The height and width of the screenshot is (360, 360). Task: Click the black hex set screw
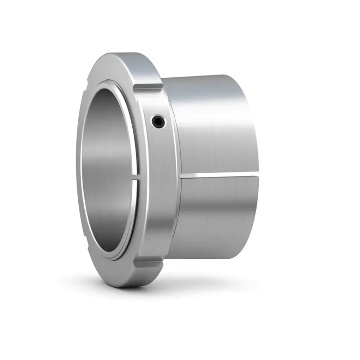[158, 122]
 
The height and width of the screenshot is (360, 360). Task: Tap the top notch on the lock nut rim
[148, 87]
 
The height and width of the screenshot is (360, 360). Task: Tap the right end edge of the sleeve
[256, 167]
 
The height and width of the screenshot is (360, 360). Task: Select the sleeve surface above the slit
[213, 126]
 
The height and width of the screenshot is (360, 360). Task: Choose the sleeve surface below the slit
[213, 218]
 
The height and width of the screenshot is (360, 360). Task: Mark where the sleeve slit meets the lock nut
[181, 175]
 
